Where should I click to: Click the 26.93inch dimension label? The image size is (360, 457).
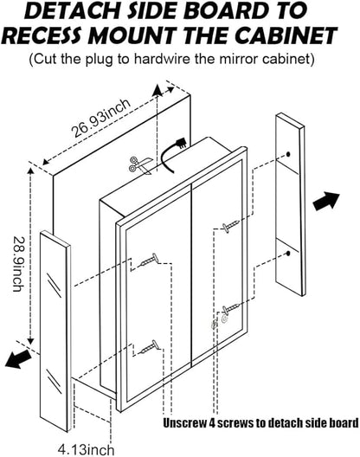[101, 118]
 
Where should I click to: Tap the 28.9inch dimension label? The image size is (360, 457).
[18, 264]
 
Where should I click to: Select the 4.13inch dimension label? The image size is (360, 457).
[86, 449]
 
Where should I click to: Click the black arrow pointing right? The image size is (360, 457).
[326, 201]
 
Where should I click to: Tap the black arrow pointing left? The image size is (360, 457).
[18, 359]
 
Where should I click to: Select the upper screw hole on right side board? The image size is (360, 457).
[288, 154]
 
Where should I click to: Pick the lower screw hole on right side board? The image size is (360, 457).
[288, 254]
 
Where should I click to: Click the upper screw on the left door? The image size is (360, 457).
[149, 260]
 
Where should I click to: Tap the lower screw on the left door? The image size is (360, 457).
[151, 347]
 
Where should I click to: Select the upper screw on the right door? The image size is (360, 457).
[230, 226]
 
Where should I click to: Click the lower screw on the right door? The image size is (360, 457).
[231, 308]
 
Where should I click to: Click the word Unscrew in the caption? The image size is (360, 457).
[184, 422]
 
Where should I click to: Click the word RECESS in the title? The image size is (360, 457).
[43, 35]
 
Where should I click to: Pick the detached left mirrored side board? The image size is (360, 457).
[55, 331]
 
